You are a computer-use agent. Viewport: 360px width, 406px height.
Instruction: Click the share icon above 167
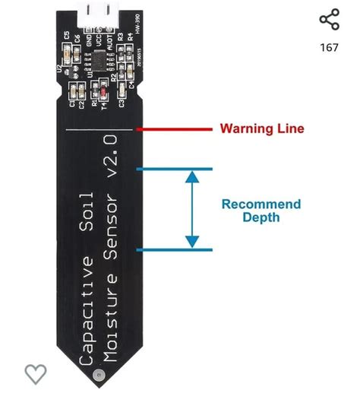[x=329, y=20]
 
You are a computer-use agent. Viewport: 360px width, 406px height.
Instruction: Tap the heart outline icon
[x=36, y=374]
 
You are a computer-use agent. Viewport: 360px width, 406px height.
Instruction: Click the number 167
[x=329, y=48]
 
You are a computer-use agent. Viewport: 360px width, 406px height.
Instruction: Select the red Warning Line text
[x=262, y=128]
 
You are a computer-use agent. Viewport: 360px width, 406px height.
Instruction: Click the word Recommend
[x=261, y=205]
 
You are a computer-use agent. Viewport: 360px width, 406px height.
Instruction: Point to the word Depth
[x=261, y=217]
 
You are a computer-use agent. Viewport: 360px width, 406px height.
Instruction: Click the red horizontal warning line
[x=175, y=128]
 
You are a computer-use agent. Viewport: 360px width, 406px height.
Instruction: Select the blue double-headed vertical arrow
[x=192, y=209]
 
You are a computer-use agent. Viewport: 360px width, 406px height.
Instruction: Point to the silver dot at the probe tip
[x=96, y=375]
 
